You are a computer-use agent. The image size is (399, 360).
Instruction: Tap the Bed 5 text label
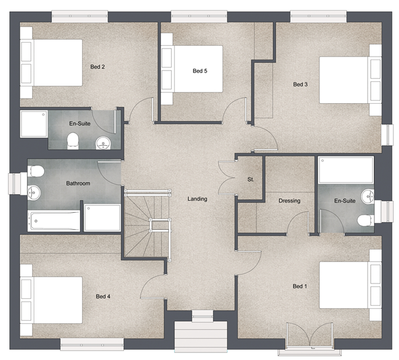[200, 71]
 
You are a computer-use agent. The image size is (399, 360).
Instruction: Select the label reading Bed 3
[300, 84]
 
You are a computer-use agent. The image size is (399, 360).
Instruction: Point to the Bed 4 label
[103, 296]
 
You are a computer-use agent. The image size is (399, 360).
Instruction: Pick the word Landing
[198, 199]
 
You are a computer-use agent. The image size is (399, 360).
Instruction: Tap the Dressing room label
[289, 201]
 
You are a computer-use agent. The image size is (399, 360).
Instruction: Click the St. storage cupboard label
[251, 179]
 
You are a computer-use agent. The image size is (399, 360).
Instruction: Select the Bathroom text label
[78, 184]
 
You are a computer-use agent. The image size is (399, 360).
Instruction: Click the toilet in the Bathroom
[36, 171]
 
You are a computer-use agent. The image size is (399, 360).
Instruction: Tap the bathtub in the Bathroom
[55, 221]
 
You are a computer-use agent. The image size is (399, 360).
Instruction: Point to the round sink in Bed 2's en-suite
[103, 142]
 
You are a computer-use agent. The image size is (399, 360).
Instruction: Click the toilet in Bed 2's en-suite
[74, 140]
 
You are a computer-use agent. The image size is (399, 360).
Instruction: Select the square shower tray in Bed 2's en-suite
[34, 124]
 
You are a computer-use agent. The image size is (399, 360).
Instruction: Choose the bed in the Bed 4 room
[52, 300]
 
